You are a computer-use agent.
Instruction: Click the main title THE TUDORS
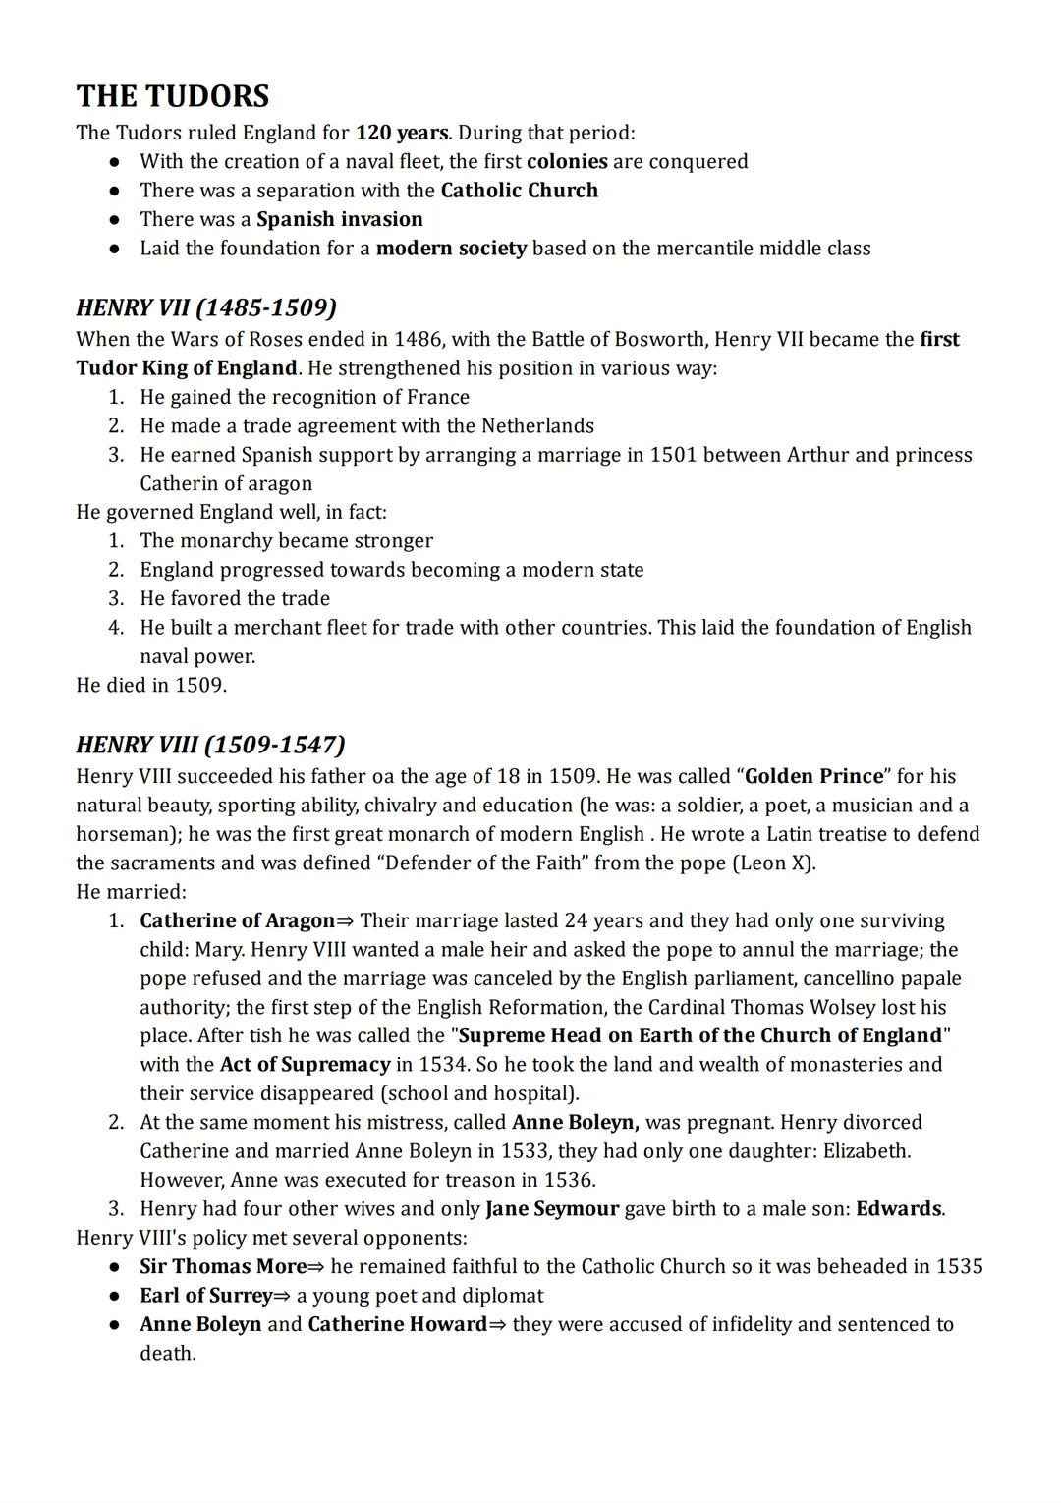coord(173,96)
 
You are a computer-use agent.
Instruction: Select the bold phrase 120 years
coord(401,133)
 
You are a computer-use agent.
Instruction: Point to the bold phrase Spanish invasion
coord(340,219)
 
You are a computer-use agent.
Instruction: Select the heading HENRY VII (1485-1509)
coord(206,307)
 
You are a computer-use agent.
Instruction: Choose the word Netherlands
coord(537,425)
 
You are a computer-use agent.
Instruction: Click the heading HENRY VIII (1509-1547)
coord(210,744)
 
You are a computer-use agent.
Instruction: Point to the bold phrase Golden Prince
coord(814,776)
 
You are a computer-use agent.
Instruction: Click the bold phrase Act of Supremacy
coord(305,1064)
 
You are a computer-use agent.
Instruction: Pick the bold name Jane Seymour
coord(552,1208)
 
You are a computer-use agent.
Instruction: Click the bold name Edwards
coord(898,1208)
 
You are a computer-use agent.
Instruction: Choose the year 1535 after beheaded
coord(959,1266)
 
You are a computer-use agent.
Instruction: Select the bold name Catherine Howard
coord(397,1324)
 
